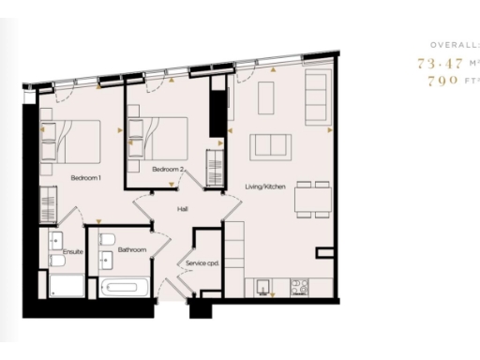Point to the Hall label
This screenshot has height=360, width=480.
[x=183, y=211]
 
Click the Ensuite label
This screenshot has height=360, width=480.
[x=73, y=251]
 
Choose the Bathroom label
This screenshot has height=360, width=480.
[x=131, y=249]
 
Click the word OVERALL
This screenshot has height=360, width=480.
[x=455, y=45]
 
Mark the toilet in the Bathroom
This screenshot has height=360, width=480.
[x=107, y=238]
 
